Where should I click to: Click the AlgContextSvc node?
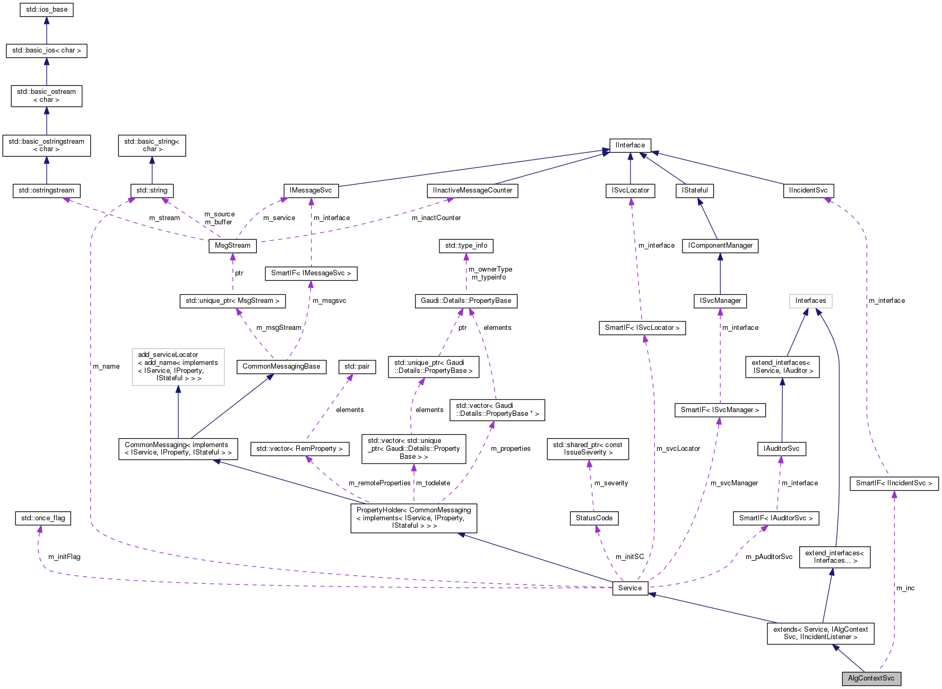(x=871, y=678)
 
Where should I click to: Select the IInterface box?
(x=630, y=145)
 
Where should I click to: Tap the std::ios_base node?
(x=47, y=10)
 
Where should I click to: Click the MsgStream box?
(x=232, y=246)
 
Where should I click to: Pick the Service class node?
(x=630, y=588)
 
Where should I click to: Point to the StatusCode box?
(x=594, y=518)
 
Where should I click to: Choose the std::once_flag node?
(x=43, y=518)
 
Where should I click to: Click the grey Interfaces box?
(x=810, y=301)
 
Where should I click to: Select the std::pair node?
(x=357, y=367)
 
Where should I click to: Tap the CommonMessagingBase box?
(x=281, y=367)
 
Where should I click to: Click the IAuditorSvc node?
(x=781, y=449)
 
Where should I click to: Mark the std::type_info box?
(x=466, y=246)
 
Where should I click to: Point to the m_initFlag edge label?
(x=64, y=557)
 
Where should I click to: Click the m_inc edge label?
(x=905, y=588)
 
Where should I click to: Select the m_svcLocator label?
(x=678, y=449)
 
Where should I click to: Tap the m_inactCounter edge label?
(x=436, y=218)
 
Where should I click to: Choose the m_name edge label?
(x=106, y=367)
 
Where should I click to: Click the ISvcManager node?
(x=720, y=301)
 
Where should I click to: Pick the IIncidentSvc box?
(x=808, y=190)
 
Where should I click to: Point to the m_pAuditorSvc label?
(x=768, y=557)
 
